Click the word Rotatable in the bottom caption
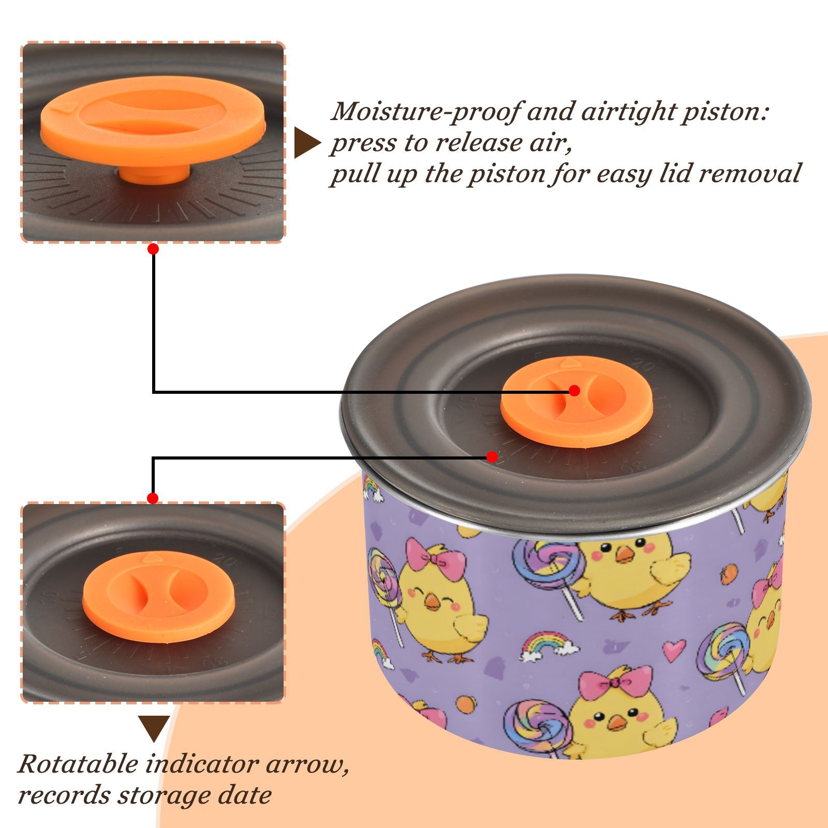(x=78, y=764)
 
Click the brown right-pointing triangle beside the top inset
(x=307, y=143)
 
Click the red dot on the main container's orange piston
(x=574, y=391)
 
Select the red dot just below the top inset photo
(x=153, y=249)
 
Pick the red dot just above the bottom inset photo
(x=153, y=498)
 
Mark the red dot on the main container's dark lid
(x=492, y=457)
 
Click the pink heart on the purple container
(x=674, y=650)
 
